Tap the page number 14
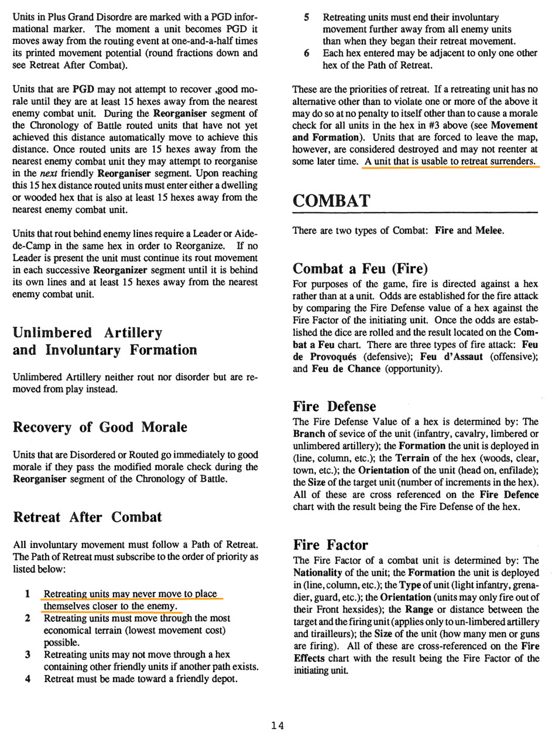point(277,725)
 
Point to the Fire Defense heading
point(335,405)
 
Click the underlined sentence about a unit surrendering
point(449,162)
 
